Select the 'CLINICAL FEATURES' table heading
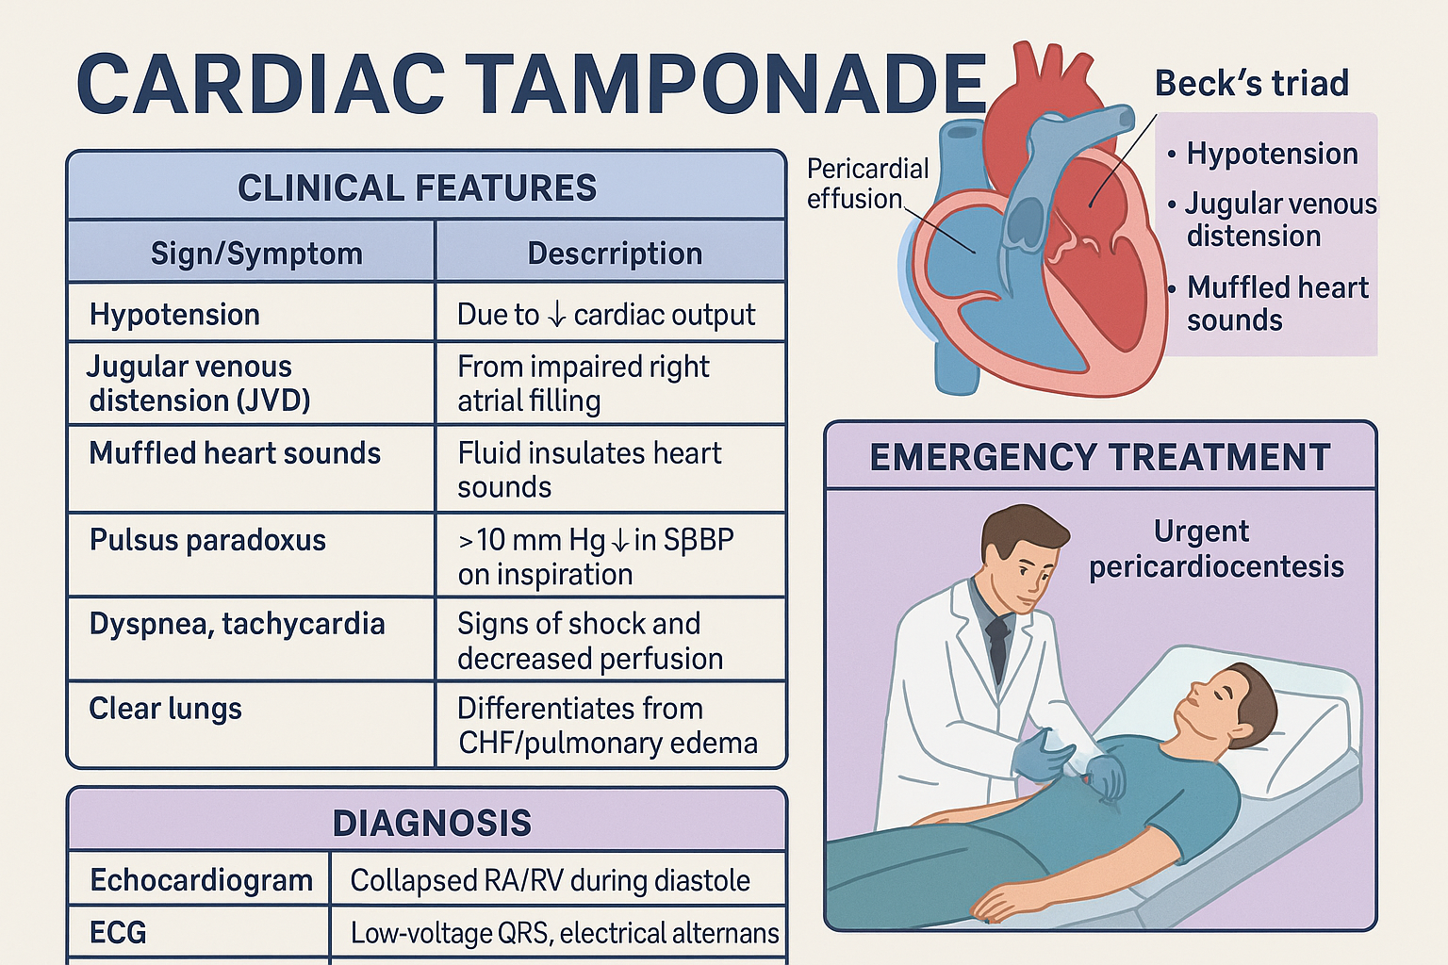tap(417, 188)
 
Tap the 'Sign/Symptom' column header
tap(256, 254)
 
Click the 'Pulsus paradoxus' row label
tap(207, 540)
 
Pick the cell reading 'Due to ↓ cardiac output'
tap(606, 315)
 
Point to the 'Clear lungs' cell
tap(165, 709)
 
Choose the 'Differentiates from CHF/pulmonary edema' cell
tap(607, 726)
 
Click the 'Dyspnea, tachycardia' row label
tap(237, 624)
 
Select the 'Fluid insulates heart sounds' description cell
tap(589, 469)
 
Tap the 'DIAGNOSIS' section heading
tap(432, 823)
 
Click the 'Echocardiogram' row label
tap(201, 880)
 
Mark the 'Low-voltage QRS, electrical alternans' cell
tap(565, 933)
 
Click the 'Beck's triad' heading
tap(1251, 83)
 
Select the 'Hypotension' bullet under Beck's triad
tap(1272, 154)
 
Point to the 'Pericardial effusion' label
tap(867, 184)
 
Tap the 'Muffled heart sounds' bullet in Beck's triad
tap(1276, 303)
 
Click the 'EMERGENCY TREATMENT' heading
tap(1099, 457)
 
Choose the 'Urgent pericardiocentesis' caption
tap(1215, 548)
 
